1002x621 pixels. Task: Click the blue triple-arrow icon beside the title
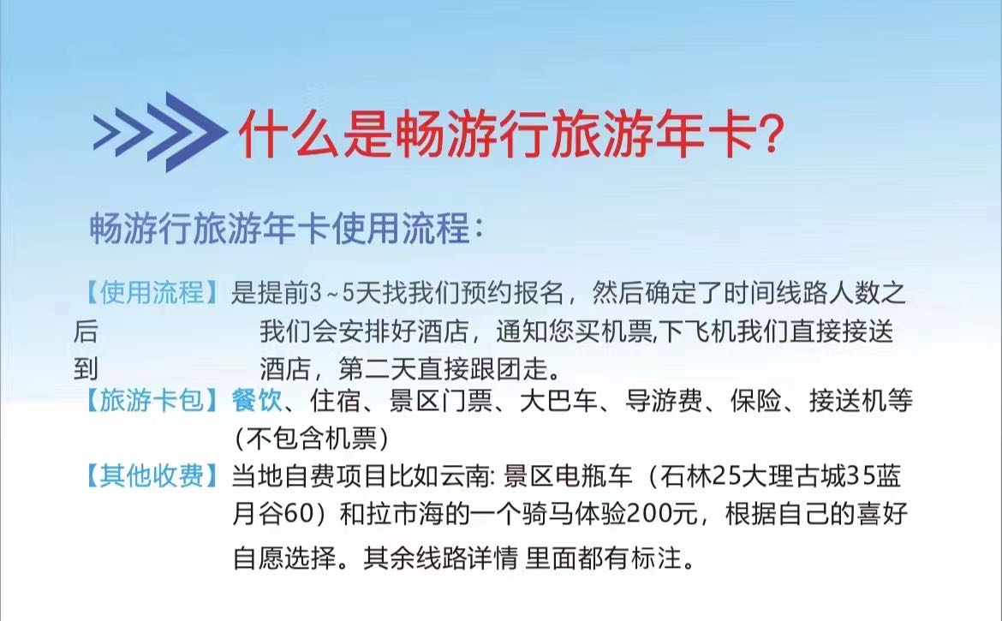[x=160, y=132]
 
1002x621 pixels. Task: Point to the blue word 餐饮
[x=257, y=401]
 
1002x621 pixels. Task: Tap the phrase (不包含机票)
[x=311, y=439]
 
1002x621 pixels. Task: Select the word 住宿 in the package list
[x=336, y=401]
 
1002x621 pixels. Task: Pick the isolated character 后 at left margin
[x=86, y=331]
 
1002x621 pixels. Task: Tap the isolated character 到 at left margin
[x=86, y=369]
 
